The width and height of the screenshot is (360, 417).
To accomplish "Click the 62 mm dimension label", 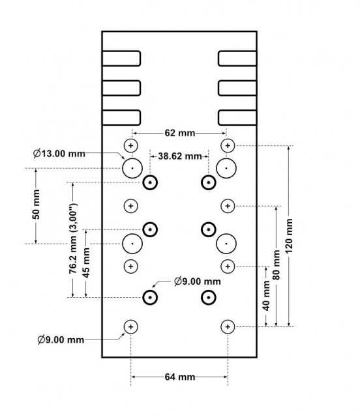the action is pyautogui.click(x=180, y=133).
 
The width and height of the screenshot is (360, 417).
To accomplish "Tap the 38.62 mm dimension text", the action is pyautogui.click(x=180, y=156).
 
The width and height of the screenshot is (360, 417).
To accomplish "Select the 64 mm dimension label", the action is pyautogui.click(x=180, y=377).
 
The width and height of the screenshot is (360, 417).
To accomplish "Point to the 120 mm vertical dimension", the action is pyautogui.click(x=289, y=236).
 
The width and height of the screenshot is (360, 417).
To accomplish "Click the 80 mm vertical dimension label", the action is pyautogui.click(x=277, y=265).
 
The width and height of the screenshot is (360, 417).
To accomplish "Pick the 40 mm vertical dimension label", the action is pyautogui.click(x=266, y=296).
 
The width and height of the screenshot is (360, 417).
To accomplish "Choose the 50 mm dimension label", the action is pyautogui.click(x=36, y=205).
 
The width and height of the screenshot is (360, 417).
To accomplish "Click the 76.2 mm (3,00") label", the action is pyautogui.click(x=72, y=238).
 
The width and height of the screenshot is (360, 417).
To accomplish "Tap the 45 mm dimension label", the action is pyautogui.click(x=86, y=263).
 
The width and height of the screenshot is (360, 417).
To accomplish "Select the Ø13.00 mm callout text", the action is pyautogui.click(x=59, y=154).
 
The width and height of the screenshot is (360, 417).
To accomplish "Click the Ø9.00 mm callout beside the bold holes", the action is pyautogui.click(x=198, y=281).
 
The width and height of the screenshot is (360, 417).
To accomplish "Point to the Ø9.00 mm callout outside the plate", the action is pyautogui.click(x=61, y=339).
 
